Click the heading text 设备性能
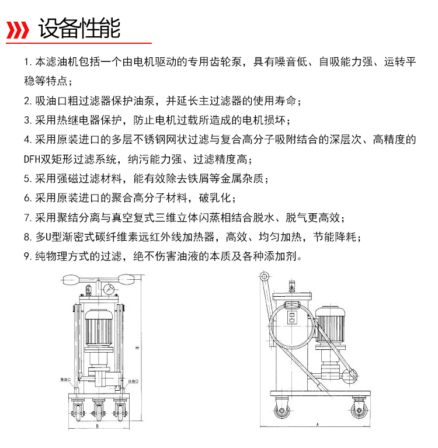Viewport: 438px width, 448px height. click(x=79, y=28)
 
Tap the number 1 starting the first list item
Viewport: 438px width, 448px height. click(x=27, y=62)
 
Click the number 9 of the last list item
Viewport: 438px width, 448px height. click(x=27, y=256)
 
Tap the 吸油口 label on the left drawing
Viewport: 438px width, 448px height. click(x=64, y=379)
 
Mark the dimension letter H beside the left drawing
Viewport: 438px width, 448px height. click(x=135, y=348)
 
